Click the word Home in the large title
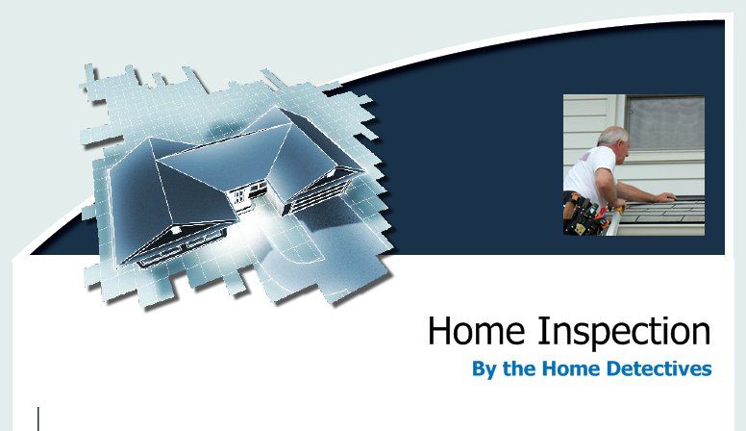pyautogui.click(x=465, y=332)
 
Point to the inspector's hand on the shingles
pyautogui.click(x=665, y=197)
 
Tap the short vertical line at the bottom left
pyautogui.click(x=38, y=418)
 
